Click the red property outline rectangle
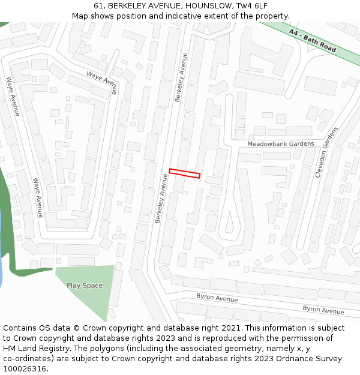[184, 173]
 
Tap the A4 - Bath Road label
[312, 40]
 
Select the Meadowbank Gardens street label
[281, 144]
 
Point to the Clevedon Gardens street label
[327, 152]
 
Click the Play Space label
[85, 286]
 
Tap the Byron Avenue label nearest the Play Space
[217, 298]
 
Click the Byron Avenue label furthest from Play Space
[323, 310]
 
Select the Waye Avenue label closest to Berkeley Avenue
[101, 83]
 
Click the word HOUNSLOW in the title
[202, 6]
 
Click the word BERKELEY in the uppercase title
[128, 6]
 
